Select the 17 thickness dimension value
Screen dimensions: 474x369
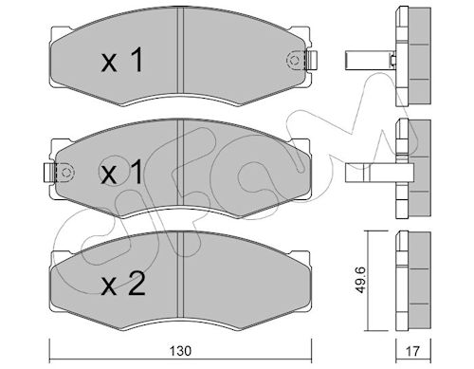tap(413, 351)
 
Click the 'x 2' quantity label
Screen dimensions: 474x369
tap(123, 284)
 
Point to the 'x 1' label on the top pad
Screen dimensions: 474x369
tap(122, 60)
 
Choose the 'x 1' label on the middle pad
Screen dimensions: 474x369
tap(121, 172)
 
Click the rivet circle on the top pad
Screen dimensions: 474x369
tap(294, 60)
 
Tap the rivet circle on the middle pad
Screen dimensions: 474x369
tap(66, 173)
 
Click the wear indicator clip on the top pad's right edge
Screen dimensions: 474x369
tap(312, 60)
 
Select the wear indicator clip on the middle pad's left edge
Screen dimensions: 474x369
tap(49, 173)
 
